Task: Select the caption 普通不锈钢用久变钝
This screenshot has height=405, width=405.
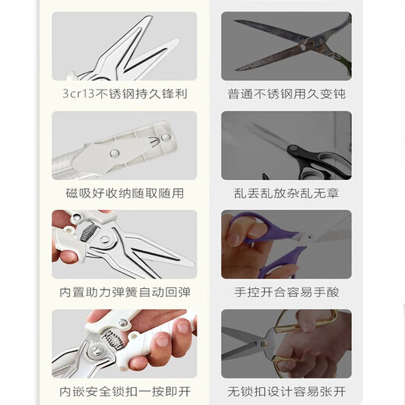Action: [x=286, y=93]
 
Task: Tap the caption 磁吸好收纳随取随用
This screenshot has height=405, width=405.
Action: [x=125, y=193]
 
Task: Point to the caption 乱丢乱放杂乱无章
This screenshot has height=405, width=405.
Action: [x=286, y=193]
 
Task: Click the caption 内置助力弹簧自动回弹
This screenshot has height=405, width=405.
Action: [x=125, y=292]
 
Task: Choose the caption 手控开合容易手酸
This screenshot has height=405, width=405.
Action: [x=286, y=292]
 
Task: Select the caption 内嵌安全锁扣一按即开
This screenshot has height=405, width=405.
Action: [x=125, y=392]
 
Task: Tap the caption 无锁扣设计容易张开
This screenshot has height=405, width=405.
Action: [x=286, y=392]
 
